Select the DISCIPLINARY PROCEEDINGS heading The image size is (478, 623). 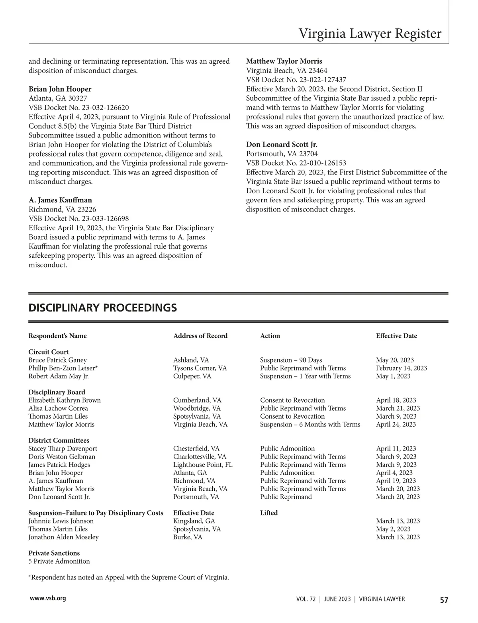click(102, 308)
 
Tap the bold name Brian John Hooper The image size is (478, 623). click(60, 89)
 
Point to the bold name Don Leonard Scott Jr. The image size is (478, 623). click(282, 144)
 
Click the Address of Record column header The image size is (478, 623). click(200, 336)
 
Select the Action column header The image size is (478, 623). click(270, 336)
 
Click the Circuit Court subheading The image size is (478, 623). click(49, 352)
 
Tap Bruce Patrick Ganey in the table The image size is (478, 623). click(57, 360)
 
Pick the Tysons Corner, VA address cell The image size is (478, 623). click(200, 368)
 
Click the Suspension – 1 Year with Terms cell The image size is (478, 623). click(305, 376)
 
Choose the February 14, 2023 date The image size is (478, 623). click(401, 368)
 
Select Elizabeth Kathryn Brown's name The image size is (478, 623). click(65, 400)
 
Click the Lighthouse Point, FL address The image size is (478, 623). click(203, 464)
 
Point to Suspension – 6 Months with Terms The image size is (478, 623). click(310, 424)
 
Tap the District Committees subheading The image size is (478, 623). click(59, 440)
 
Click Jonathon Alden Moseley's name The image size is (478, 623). click(63, 537)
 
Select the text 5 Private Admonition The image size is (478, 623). click(59, 561)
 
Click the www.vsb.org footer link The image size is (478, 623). click(48, 598)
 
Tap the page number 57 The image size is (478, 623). click(444, 600)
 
